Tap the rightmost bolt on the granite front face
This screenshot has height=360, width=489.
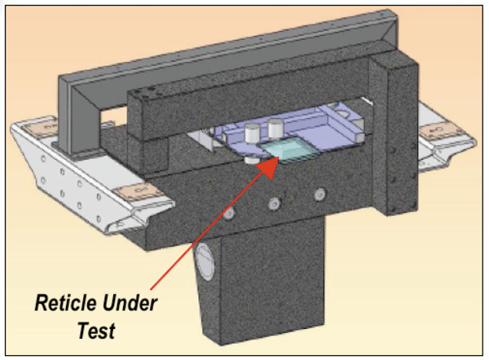tap(319, 195)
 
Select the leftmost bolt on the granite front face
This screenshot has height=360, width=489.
tap(230, 213)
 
